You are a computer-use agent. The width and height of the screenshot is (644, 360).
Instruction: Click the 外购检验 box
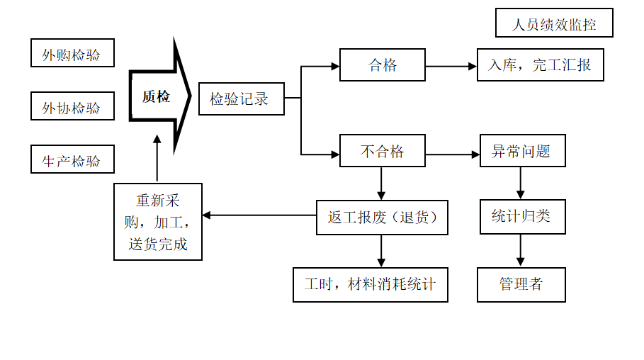point(72,53)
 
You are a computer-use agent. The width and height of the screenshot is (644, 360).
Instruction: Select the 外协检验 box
point(72,106)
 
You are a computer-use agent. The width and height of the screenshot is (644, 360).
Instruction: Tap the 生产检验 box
point(72,159)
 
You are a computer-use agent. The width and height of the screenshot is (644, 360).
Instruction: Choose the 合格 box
point(383,65)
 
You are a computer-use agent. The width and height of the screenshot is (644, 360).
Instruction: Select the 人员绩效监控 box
point(554,24)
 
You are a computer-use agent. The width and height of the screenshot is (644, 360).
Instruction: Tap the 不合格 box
point(383,151)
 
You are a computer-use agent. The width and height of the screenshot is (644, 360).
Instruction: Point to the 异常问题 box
point(522,151)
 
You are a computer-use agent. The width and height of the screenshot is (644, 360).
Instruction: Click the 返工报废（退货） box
point(383,217)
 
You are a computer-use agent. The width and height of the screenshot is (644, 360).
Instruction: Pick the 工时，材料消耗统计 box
point(371,284)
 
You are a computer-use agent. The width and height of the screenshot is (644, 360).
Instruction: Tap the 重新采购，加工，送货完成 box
point(158,222)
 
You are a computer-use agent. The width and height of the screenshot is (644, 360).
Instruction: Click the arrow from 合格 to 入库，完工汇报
point(451,67)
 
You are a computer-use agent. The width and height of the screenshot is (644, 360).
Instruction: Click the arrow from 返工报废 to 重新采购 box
point(259,215)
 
